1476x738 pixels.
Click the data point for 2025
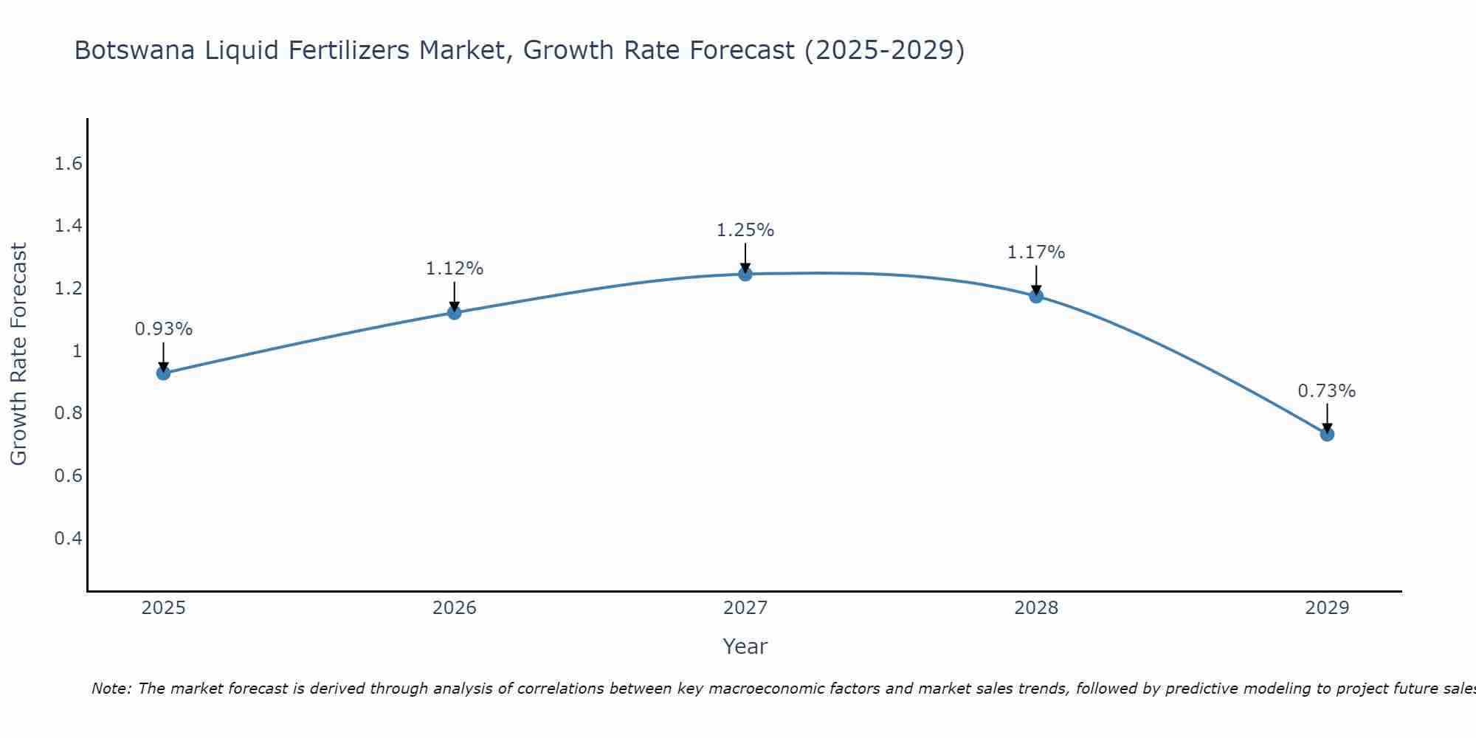tap(163, 373)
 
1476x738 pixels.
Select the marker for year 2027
tap(745, 274)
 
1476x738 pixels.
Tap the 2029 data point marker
tap(1327, 434)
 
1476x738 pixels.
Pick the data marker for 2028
tap(1036, 296)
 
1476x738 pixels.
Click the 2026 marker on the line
tap(455, 312)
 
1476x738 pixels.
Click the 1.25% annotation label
tap(745, 230)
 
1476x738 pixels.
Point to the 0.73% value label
tap(1327, 391)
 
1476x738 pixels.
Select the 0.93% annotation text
tap(163, 329)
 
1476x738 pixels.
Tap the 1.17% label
tap(1036, 252)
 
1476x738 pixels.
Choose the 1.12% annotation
tap(455, 269)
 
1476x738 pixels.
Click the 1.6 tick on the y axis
tap(68, 164)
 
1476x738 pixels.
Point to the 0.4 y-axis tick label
tap(68, 538)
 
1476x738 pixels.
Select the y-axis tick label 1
tap(77, 351)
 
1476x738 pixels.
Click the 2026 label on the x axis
tap(455, 608)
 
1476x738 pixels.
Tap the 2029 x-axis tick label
tap(1327, 608)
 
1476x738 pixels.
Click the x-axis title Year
tap(745, 646)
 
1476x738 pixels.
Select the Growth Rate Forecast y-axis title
tap(18, 354)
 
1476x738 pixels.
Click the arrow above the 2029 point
tap(1327, 418)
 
